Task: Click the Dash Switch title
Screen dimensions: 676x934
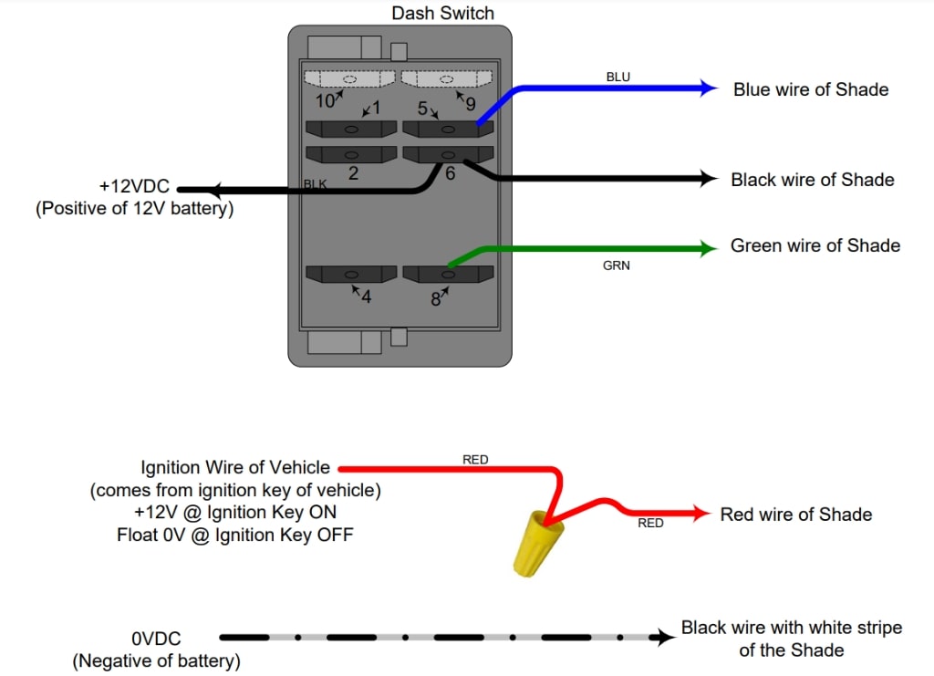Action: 442,13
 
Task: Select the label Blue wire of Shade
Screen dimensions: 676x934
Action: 811,89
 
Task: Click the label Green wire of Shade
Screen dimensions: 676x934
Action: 815,245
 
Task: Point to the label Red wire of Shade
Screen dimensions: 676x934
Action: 795,515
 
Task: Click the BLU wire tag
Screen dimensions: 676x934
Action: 617,77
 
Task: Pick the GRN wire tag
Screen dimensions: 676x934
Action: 617,265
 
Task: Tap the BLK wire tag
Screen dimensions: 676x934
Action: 315,184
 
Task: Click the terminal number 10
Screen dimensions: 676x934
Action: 325,99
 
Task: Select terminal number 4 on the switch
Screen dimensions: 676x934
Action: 366,296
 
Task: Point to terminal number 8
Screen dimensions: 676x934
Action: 436,298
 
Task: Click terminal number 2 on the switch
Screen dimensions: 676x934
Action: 353,173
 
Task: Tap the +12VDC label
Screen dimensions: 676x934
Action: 134,187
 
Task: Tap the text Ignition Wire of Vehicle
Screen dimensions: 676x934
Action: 235,468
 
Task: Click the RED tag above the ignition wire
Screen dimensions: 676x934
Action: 475,460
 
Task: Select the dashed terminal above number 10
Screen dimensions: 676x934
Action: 349,78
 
